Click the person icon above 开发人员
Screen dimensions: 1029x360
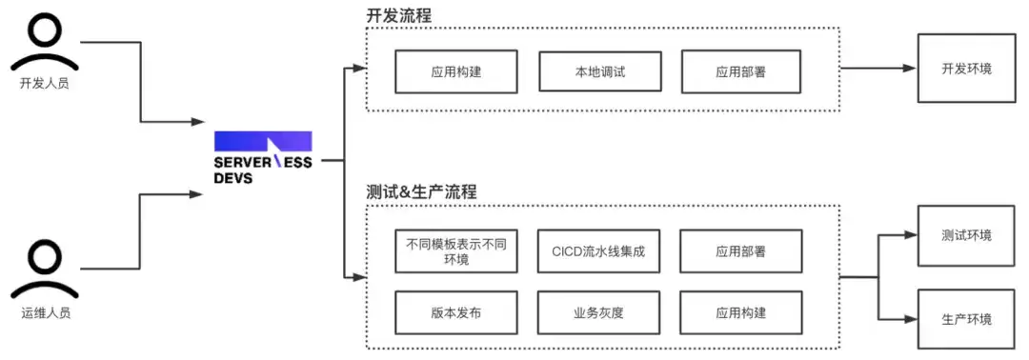[45, 42]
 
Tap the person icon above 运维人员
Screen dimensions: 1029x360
[45, 270]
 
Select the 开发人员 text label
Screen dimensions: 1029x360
[45, 84]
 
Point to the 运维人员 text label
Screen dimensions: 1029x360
[45, 312]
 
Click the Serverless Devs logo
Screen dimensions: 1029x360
[263, 158]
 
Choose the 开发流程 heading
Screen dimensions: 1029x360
[399, 16]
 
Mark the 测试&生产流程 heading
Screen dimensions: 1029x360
[421, 192]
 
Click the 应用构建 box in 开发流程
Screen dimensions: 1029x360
[456, 71]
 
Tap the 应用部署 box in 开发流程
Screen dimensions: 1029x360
[741, 71]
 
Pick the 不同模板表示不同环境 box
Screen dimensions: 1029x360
[456, 251]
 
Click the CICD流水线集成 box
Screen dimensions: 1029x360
[598, 251]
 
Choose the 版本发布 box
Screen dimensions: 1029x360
[456, 312]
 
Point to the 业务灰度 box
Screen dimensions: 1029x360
[598, 312]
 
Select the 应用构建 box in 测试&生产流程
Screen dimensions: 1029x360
[741, 312]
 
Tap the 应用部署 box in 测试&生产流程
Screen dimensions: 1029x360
[741, 251]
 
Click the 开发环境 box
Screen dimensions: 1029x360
[967, 69]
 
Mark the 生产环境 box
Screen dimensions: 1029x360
[967, 319]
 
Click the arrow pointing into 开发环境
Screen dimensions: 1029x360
[878, 69]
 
